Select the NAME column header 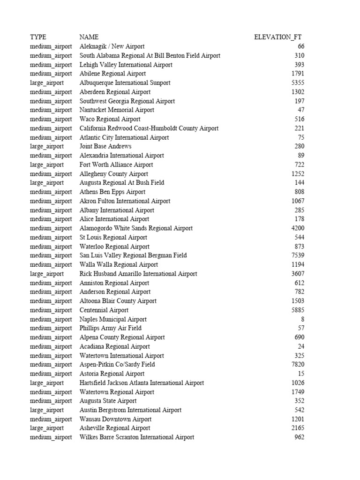(x=89, y=37)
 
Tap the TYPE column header (x=38, y=37)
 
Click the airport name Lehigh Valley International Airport (x=126, y=65)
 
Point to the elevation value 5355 (x=297, y=83)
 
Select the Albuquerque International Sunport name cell (x=125, y=83)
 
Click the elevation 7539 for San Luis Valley (x=297, y=255)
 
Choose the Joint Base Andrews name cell (x=105, y=146)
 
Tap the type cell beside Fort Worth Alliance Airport (x=47, y=165)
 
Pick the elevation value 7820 (x=297, y=364)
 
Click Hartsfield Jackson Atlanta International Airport (x=142, y=382)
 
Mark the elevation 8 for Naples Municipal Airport (x=302, y=319)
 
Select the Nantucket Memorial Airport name (x=117, y=110)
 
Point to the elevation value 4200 (x=297, y=228)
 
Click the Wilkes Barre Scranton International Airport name (x=137, y=437)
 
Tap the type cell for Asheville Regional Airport (x=47, y=428)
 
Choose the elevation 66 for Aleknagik (x=300, y=46)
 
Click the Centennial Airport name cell (x=104, y=310)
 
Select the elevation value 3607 (x=297, y=274)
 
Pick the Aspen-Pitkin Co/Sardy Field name (x=117, y=364)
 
